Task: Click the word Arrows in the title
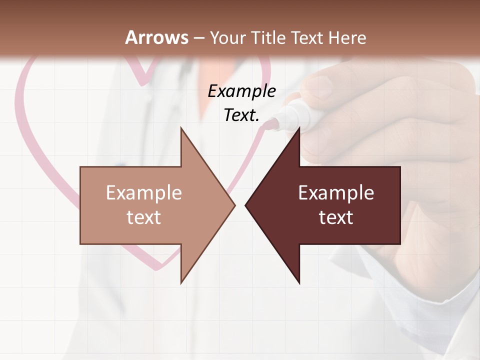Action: [x=156, y=37]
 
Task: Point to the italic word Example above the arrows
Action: [x=241, y=91]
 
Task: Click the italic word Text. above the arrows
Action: [x=241, y=115]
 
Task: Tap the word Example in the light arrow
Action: [x=144, y=192]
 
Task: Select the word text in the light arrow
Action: [x=144, y=217]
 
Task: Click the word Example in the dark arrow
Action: [x=336, y=192]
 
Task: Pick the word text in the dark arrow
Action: [x=336, y=217]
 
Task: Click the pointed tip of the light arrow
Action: [x=234, y=205]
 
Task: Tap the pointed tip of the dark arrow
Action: [x=246, y=205]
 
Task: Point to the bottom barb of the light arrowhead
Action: [x=181, y=281]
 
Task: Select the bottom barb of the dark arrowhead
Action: [x=299, y=281]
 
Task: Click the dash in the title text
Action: [x=198, y=38]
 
